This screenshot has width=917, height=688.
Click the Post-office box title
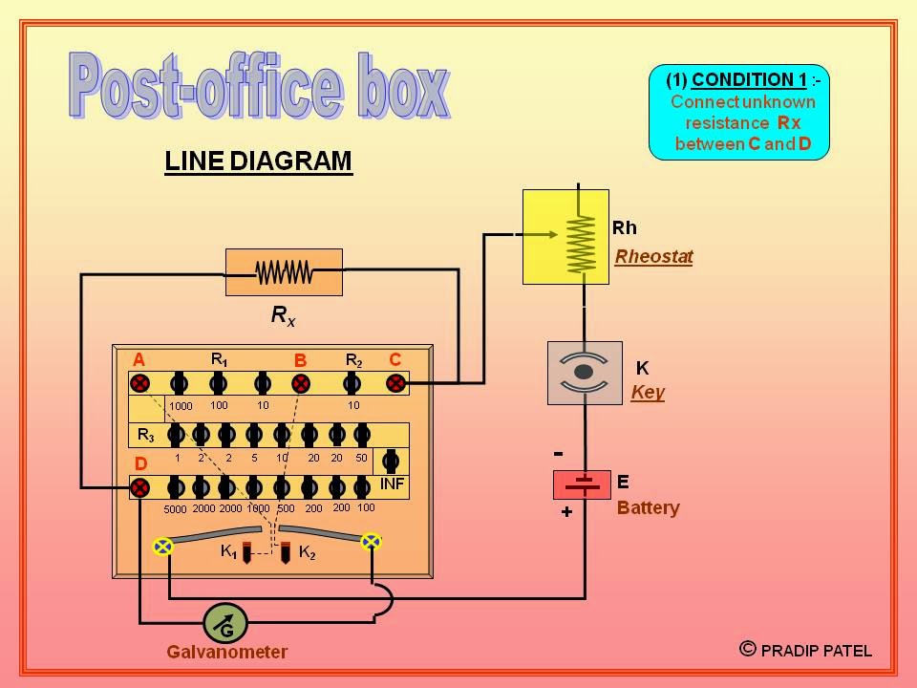[x=259, y=87]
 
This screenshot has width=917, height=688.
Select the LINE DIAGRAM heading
[x=258, y=161]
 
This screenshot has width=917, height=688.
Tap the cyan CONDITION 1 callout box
[x=738, y=113]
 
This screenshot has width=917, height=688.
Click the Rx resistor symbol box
[x=284, y=272]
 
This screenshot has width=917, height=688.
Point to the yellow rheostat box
[x=565, y=237]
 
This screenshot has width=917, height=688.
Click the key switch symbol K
[x=584, y=373]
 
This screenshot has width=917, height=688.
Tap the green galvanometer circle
[x=225, y=624]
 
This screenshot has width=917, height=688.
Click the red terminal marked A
[x=139, y=383]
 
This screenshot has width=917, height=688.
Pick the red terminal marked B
[x=301, y=383]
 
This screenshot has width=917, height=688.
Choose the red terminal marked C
[x=395, y=383]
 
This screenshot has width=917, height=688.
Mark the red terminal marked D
[x=139, y=487]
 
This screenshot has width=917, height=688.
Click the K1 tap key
[x=245, y=552]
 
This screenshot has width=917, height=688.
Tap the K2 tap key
[x=286, y=552]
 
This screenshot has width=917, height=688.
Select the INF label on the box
[x=392, y=484]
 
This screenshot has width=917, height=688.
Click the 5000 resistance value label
[x=176, y=508]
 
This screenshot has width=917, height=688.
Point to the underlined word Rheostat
[x=653, y=256]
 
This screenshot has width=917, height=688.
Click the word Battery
[x=648, y=507]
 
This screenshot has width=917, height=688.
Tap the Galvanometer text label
[x=226, y=653]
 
